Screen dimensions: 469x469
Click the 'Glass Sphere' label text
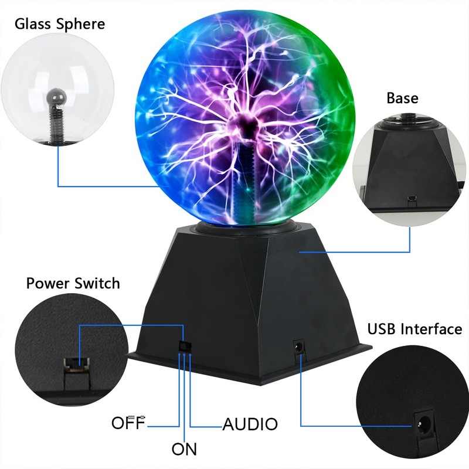pos(60,24)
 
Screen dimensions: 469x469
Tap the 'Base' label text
pos(402,97)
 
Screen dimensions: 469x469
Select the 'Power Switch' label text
pos(73,284)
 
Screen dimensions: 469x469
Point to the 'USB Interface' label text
pos(414,329)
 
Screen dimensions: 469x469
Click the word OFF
pos(127,423)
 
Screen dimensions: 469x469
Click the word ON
pos(184,450)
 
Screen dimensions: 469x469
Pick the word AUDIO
pos(250,424)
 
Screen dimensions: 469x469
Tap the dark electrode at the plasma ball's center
pos(243,125)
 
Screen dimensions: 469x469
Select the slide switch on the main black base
pos(183,346)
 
